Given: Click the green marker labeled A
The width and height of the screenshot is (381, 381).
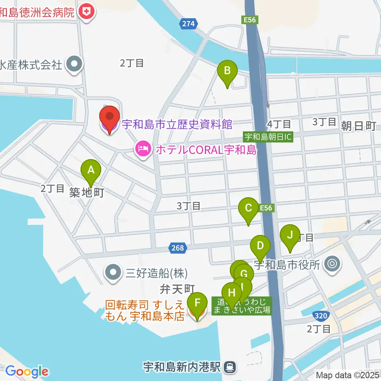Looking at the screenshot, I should pyautogui.click(x=91, y=171).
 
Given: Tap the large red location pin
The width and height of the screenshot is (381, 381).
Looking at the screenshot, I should pyautogui.click(x=109, y=118).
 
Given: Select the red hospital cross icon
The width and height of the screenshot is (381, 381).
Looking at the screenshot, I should pyautogui.click(x=87, y=12).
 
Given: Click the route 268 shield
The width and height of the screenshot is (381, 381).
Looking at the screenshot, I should pyautogui.click(x=179, y=248).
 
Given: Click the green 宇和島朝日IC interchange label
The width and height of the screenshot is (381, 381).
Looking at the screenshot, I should pyautogui.click(x=268, y=137).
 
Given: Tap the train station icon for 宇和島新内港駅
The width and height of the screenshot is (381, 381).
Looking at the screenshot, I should pyautogui.click(x=230, y=366).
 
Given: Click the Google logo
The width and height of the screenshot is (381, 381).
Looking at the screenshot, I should pyautogui.click(x=27, y=372).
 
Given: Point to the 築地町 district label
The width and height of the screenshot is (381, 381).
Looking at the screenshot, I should pyautogui.click(x=87, y=193).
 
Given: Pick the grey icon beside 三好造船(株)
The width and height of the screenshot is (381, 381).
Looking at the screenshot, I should pyautogui.click(x=114, y=272).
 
